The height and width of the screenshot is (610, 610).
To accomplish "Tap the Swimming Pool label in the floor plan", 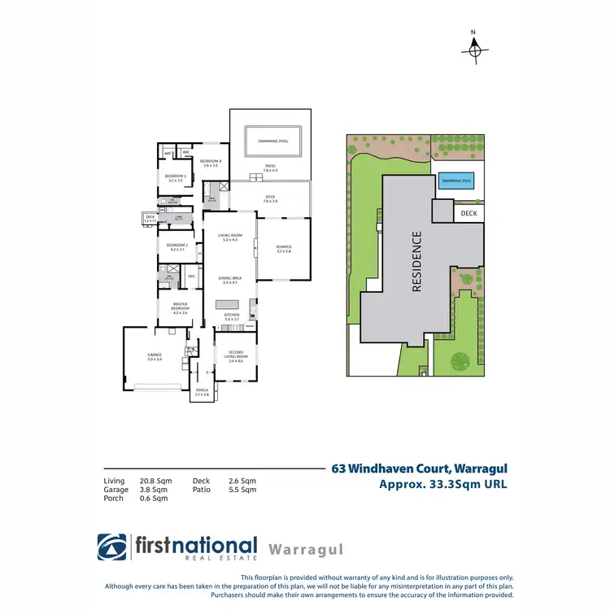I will coord(272,142).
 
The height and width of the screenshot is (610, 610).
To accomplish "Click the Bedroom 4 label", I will coord(211,163).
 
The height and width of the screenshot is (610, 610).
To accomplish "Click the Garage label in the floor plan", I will coord(155,357).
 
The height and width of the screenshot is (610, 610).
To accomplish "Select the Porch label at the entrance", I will coord(202,392).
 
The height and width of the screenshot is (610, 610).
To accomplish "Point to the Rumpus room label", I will coord(283,248).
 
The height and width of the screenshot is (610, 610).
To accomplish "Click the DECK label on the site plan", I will coord(469,214).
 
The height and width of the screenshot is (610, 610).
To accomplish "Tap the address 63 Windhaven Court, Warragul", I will coord(418,469).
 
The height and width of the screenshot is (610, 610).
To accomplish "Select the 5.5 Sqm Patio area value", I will coord(242,490).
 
